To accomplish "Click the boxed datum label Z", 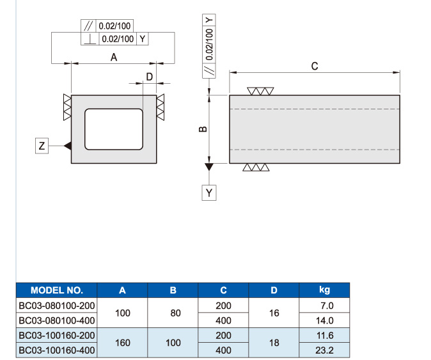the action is click(42, 146).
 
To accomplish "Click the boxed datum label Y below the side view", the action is click(209, 192).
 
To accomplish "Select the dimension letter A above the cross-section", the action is click(114, 58).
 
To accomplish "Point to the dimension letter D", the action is click(149, 77).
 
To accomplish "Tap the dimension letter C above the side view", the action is click(315, 67).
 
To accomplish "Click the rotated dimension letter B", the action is click(203, 129).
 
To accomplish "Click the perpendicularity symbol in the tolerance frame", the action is click(90, 40).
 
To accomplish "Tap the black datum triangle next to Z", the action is click(68, 146).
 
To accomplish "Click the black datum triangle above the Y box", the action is click(209, 166).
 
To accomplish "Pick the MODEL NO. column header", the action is click(57, 290).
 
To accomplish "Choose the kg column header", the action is click(324, 290).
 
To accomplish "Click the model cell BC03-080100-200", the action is click(57, 306).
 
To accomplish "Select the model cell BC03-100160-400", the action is click(57, 350).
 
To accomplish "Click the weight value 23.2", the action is click(324, 350).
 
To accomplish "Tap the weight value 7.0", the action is click(327, 306).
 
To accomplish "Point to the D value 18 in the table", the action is click(274, 343).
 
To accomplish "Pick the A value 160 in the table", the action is click(123, 343).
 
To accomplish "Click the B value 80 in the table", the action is click(175, 313).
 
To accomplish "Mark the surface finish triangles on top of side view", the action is click(260, 91).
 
